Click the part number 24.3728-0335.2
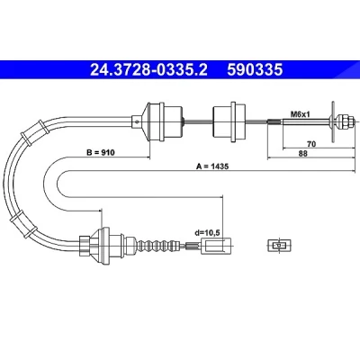(148, 69)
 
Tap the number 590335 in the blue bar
(255, 69)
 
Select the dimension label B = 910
(101, 153)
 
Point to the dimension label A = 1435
(212, 166)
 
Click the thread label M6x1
(300, 114)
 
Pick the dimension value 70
(311, 144)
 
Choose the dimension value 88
(303, 154)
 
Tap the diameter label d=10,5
(207, 232)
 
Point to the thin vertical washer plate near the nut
(333, 121)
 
